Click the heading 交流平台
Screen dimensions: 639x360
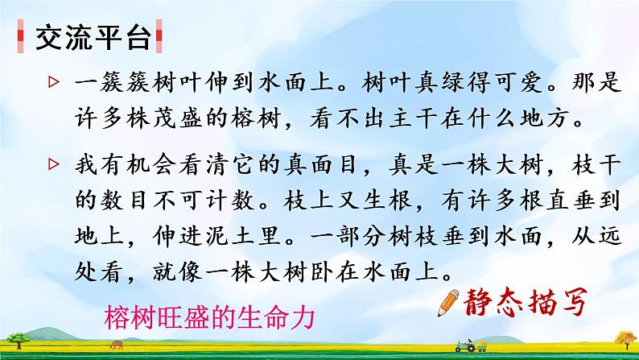[93, 39]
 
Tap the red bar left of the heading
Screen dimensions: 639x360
[20, 36]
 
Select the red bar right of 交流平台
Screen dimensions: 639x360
[159, 36]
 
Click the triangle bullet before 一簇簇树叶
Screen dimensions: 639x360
[53, 82]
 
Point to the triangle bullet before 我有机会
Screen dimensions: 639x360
[53, 164]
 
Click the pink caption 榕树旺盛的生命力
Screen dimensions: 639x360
[210, 317]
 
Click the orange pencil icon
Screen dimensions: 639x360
[448, 303]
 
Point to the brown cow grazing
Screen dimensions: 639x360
[116, 345]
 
